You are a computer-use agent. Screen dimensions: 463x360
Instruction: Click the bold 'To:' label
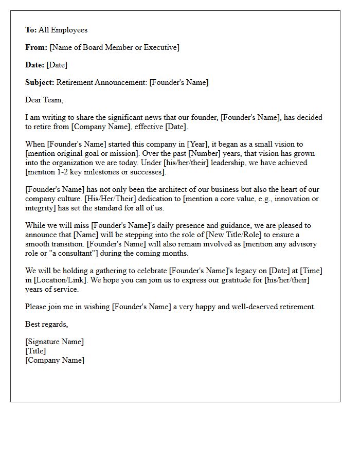click(31, 30)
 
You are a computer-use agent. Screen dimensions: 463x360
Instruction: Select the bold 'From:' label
click(37, 47)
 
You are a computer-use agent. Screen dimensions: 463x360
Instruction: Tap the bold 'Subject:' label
click(40, 82)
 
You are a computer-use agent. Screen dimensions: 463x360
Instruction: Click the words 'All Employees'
click(63, 30)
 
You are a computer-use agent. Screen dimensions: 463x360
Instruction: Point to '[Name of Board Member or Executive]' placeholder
click(114, 47)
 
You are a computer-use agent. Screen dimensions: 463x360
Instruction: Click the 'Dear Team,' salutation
click(44, 100)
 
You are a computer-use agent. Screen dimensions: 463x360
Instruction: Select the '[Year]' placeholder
click(197, 145)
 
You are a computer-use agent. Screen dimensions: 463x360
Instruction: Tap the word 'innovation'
click(295, 199)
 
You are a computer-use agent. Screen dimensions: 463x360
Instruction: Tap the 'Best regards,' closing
click(47, 324)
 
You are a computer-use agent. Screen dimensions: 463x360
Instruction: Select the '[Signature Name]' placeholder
click(55, 342)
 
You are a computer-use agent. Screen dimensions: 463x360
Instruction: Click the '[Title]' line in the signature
click(35, 351)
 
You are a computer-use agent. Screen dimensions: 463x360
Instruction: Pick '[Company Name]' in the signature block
click(55, 360)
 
